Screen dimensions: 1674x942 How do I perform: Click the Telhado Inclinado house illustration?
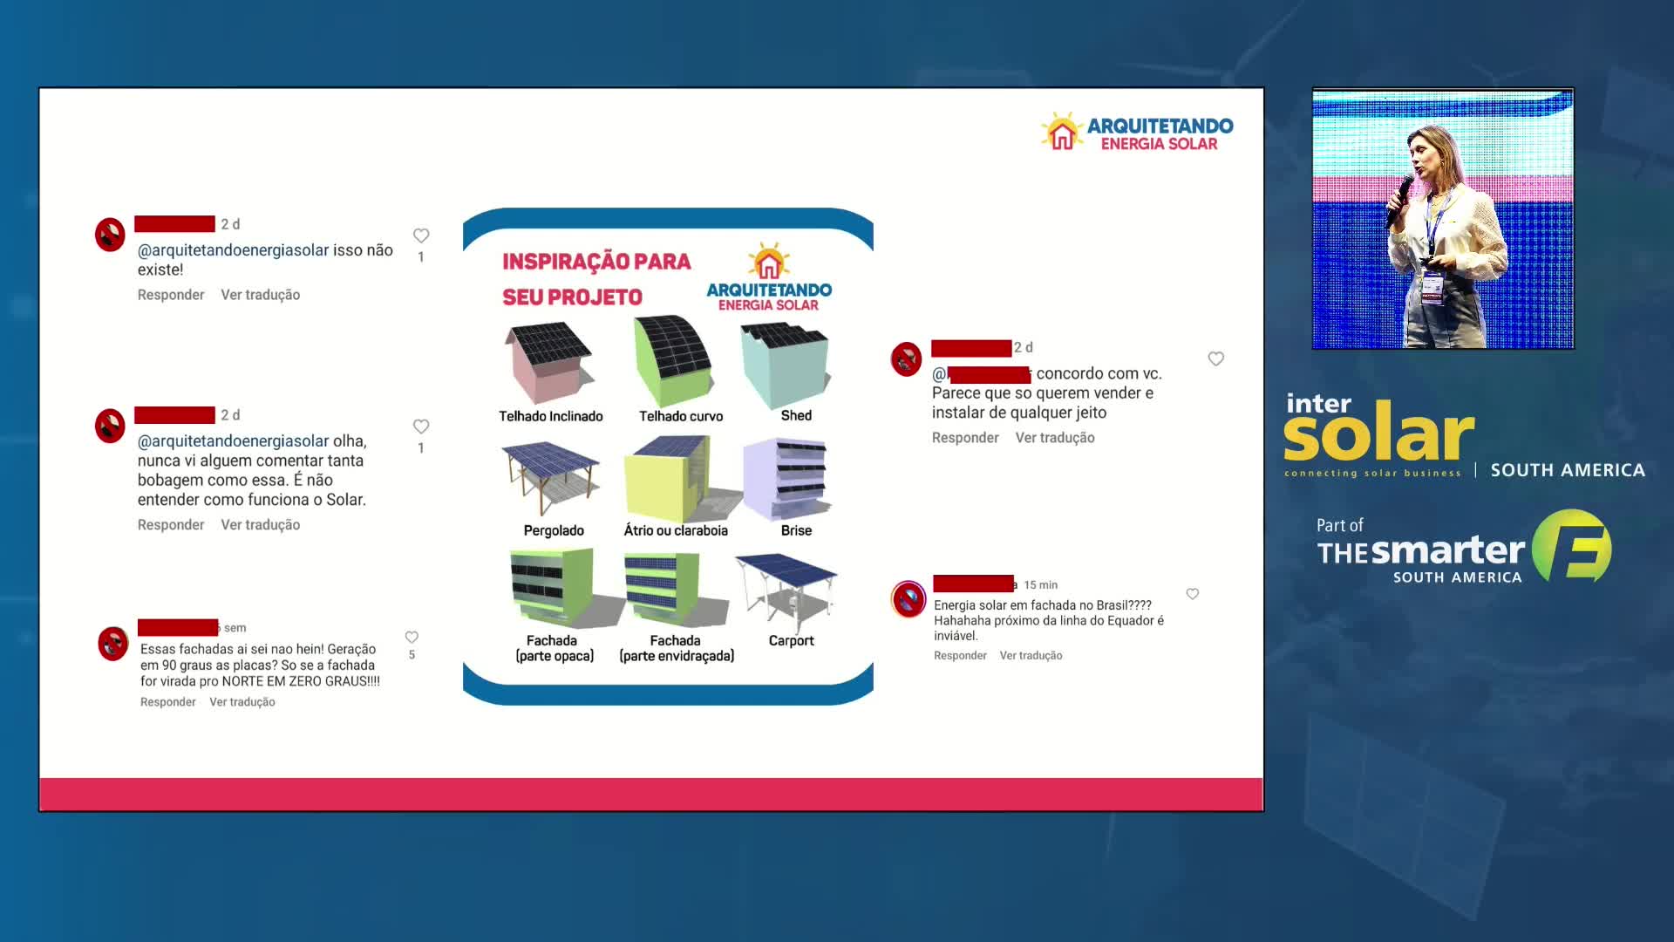point(549,362)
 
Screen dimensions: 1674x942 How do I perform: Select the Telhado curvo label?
point(681,416)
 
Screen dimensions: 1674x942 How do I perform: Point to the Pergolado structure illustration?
point(550,478)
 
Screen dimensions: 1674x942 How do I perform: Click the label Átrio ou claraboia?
point(676,530)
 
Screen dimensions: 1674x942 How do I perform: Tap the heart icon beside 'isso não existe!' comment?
point(421,235)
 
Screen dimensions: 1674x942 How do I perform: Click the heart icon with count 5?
point(412,638)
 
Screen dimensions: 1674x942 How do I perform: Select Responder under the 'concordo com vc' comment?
point(965,438)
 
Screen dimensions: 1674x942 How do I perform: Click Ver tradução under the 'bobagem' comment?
point(261,525)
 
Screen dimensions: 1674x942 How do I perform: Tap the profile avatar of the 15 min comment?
point(908,599)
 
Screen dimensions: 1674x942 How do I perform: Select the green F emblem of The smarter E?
point(1571,546)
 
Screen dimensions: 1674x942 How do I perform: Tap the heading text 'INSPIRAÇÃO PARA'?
point(596,262)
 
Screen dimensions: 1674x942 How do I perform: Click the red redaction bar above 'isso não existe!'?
point(174,224)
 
